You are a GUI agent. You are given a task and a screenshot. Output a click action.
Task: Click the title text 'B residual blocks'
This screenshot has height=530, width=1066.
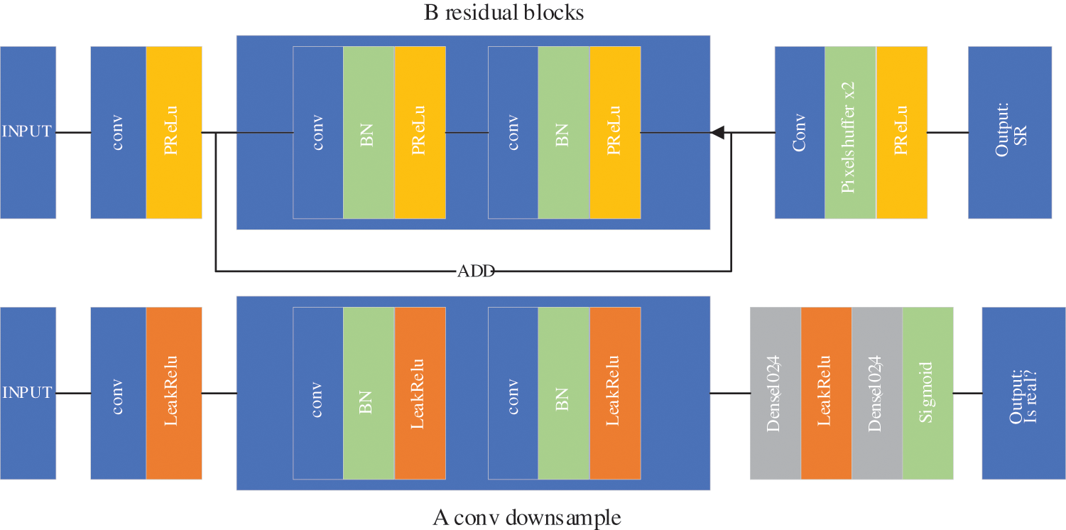point(504,13)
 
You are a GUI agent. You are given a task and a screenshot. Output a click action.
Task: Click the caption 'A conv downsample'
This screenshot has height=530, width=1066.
point(527,517)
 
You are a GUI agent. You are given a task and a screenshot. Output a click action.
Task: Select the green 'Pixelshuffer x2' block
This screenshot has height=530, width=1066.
point(850,132)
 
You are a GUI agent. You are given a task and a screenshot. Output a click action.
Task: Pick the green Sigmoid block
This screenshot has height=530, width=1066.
point(928,393)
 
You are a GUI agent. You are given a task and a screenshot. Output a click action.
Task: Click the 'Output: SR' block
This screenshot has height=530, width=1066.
point(1009,132)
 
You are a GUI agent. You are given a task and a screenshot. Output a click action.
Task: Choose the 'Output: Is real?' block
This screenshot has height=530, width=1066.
point(1023,393)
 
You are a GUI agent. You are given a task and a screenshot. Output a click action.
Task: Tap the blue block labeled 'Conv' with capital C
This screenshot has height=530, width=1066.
point(800,132)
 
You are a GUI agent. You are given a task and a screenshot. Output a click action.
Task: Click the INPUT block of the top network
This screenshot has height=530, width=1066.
point(28,132)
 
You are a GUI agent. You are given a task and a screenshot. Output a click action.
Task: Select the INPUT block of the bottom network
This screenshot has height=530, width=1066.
point(28,393)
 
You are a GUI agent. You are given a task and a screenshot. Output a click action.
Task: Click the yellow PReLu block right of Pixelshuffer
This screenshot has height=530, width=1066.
point(902,132)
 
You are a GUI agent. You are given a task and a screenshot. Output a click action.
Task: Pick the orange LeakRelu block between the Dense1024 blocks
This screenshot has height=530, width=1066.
point(825,393)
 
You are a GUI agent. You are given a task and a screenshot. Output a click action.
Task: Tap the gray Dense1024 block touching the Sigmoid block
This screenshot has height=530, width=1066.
point(876,393)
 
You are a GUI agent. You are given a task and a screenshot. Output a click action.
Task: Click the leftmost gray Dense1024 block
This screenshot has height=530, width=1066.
point(775,393)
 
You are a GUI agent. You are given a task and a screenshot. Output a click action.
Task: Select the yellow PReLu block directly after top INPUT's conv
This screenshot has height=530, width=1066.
point(174,132)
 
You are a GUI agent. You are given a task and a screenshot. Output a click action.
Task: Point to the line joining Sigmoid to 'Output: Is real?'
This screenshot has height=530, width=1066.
point(967,393)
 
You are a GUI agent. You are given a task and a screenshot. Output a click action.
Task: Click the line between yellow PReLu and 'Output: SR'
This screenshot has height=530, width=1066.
point(947,132)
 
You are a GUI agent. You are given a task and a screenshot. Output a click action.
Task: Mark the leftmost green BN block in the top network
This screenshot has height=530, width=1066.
point(369,132)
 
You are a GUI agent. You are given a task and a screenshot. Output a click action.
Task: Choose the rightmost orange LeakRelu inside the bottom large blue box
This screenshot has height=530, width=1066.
point(615,393)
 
